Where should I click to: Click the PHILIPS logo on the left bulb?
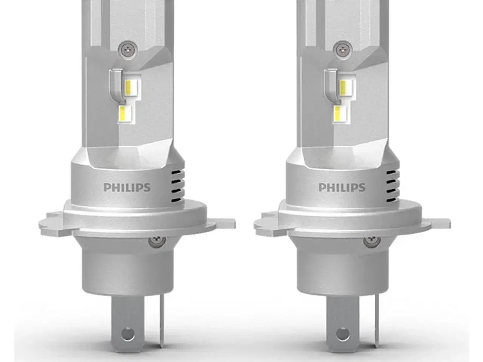pos(127,187)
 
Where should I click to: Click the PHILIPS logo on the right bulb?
pos(342,187)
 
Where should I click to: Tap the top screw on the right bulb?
pos(341,48)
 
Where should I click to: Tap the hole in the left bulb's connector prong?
pos(128,333)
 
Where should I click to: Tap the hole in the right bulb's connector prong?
pos(343,333)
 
